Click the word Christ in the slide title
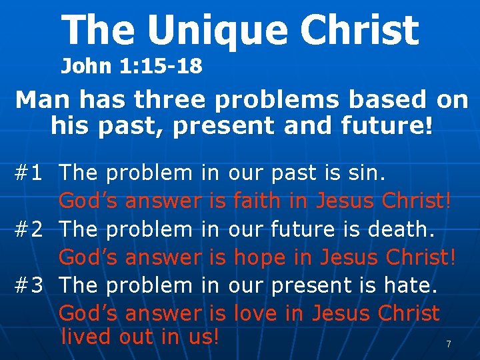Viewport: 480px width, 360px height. [x=359, y=31]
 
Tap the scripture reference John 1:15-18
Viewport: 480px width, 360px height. [x=132, y=66]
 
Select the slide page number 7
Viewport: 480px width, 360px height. [x=449, y=344]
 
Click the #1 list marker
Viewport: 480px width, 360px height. [x=29, y=173]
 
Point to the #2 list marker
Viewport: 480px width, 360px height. [x=29, y=229]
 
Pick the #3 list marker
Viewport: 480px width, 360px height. [x=29, y=285]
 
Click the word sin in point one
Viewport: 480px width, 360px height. [x=367, y=173]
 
